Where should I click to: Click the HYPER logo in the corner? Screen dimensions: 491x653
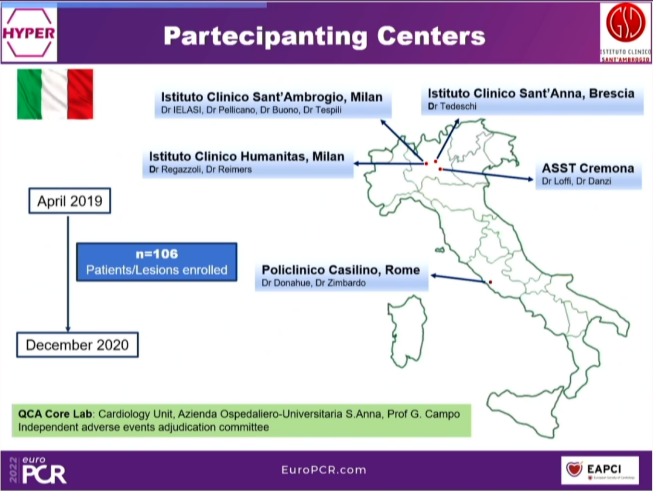[29, 33]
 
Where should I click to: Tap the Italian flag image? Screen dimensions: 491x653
[55, 93]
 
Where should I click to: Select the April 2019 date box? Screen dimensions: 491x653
[70, 201]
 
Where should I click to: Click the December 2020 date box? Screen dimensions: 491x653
[77, 345]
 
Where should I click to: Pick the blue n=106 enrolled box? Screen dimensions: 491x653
[156, 262]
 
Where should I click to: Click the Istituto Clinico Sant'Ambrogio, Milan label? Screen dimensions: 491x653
[271, 97]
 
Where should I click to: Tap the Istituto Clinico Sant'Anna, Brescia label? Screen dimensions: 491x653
[531, 93]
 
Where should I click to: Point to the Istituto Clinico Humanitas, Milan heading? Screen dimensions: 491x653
[247, 157]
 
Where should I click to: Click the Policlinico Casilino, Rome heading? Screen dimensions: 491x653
[340, 270]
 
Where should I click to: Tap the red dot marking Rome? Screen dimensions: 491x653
[490, 282]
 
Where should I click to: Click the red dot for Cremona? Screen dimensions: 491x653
[440, 169]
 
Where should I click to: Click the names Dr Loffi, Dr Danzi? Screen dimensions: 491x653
[568, 181]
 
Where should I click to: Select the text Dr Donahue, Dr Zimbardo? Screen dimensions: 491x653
[313, 282]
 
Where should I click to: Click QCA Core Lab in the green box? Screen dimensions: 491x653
[53, 415]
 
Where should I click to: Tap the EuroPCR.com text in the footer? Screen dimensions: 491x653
[323, 470]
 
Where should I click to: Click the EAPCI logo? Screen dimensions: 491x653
[599, 469]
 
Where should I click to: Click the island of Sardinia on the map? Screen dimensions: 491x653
[408, 331]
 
